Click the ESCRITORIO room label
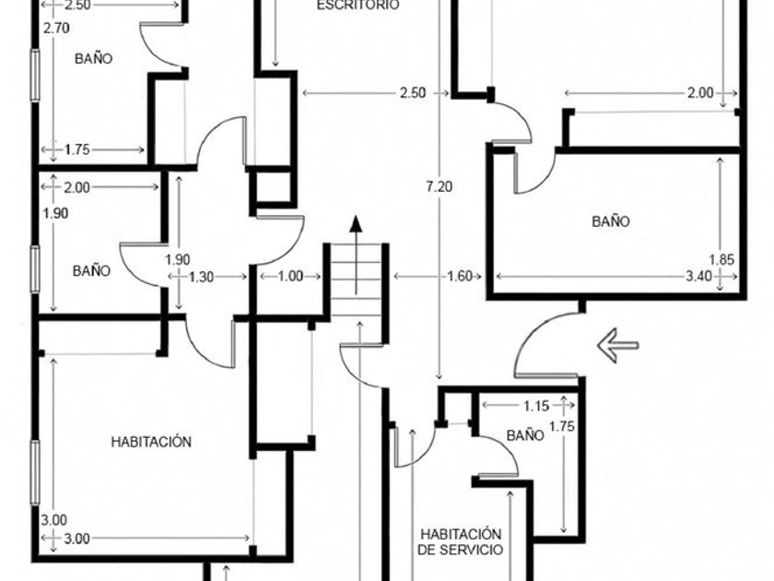[358, 6]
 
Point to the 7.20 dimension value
[439, 186]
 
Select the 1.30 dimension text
[202, 278]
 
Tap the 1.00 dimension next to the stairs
[290, 276]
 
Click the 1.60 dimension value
[460, 276]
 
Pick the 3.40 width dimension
[698, 276]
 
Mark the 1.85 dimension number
[721, 259]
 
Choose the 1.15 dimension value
[536, 406]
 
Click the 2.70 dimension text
[56, 29]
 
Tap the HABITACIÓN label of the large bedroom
[151, 442]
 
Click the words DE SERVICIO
[461, 550]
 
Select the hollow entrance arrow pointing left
[617, 345]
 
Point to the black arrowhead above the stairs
[356, 224]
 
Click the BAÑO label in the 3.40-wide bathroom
[611, 220]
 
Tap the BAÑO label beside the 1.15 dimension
[525, 435]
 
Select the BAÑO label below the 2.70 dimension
[93, 58]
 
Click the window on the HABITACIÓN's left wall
[35, 473]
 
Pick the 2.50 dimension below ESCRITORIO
[412, 93]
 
